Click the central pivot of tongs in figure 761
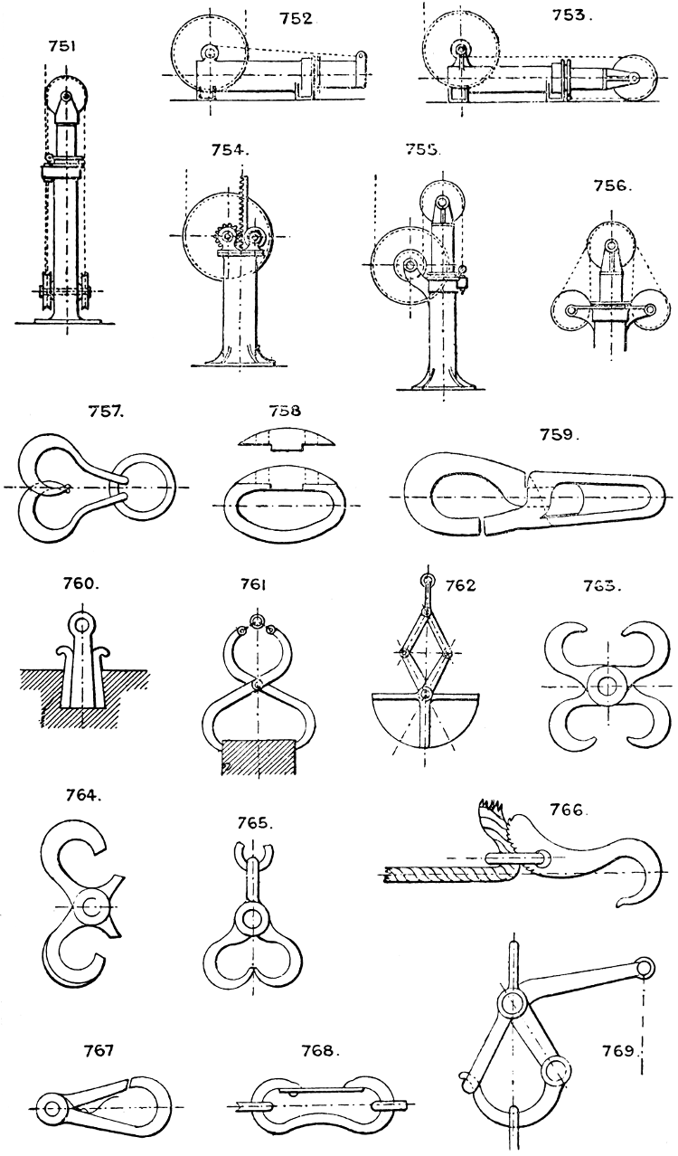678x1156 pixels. [x=259, y=685]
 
